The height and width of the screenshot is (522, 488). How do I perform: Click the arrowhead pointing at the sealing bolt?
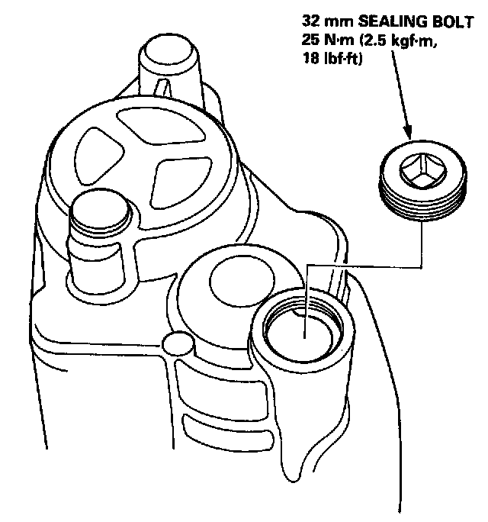[x=410, y=134]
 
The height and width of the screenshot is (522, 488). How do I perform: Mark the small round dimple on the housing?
[x=178, y=344]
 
